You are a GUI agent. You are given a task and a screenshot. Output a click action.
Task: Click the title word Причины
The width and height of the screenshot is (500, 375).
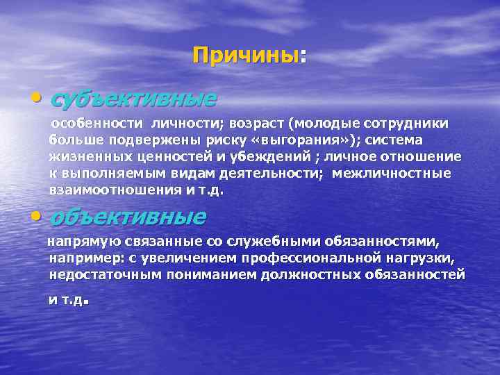pyautogui.click(x=247, y=55)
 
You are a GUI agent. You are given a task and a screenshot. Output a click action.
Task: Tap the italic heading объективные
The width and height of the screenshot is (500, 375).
pyautogui.click(x=128, y=217)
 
